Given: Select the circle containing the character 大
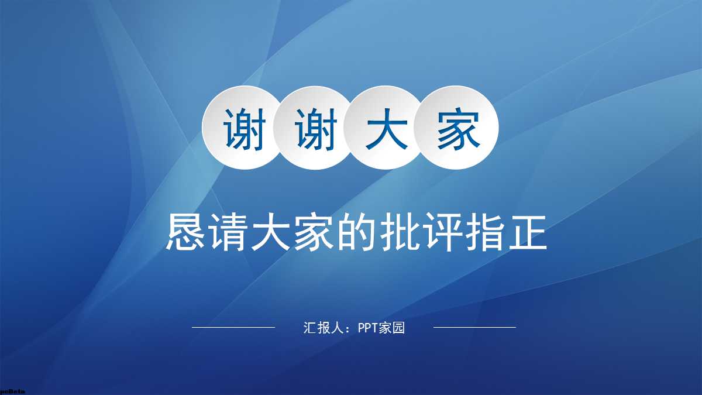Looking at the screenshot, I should [x=386, y=128].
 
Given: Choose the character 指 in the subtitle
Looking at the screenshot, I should [x=484, y=233].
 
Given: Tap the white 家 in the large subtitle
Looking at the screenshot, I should [x=314, y=233].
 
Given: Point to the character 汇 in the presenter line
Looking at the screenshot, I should [x=309, y=328].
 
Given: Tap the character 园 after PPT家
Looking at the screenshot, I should [x=399, y=328].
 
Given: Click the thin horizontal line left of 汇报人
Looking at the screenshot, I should [x=233, y=328].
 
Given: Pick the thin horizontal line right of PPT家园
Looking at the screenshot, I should [x=474, y=328].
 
